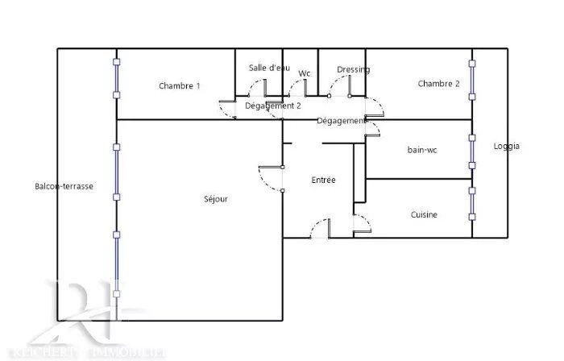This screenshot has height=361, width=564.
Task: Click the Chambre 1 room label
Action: click(x=179, y=86)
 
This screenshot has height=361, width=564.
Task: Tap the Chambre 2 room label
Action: click(x=438, y=84)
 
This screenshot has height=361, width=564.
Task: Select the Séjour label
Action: click(x=216, y=198)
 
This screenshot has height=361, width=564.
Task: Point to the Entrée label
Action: click(x=323, y=180)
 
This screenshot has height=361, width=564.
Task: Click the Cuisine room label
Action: click(x=424, y=214)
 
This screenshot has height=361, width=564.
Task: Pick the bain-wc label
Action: click(x=423, y=149)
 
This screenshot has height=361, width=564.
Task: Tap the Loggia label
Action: click(x=507, y=146)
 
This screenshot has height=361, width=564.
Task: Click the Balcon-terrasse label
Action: click(x=64, y=186)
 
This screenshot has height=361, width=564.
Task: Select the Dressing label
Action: click(x=353, y=69)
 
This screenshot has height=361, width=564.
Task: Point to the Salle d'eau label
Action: click(x=269, y=68)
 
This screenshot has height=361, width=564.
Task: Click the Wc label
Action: click(x=305, y=73)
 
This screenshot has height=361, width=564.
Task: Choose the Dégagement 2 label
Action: click(x=273, y=105)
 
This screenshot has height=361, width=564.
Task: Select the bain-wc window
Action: click(x=472, y=151)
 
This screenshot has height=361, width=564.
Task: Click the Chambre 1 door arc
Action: click(x=226, y=110)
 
